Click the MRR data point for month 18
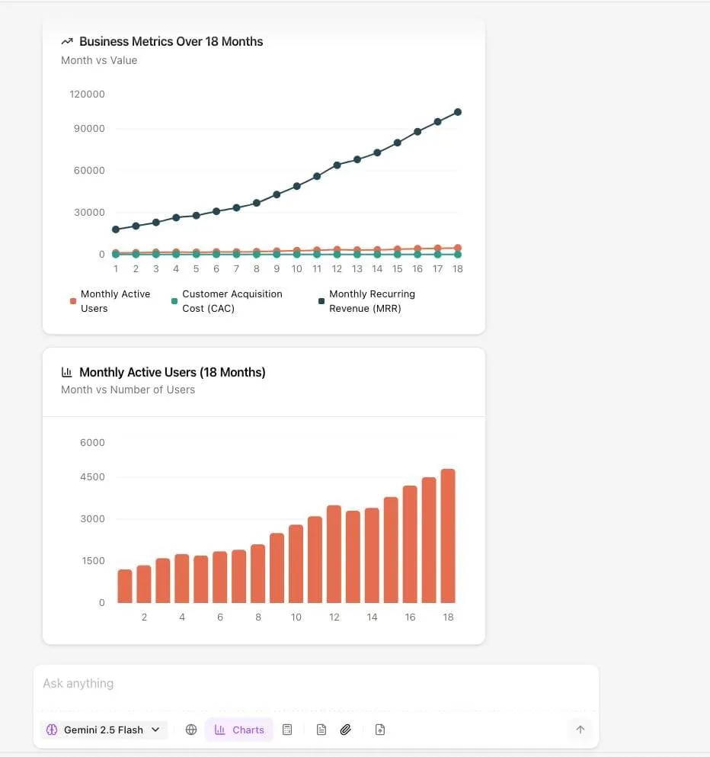[x=458, y=112]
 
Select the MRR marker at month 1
[x=116, y=229]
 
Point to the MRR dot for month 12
[x=337, y=165]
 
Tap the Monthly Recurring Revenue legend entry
[x=372, y=301]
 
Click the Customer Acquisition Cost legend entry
[x=232, y=301]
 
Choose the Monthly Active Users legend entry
[x=115, y=301]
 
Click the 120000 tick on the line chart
[x=88, y=95]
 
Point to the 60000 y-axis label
[x=89, y=171]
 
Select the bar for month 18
[x=448, y=536]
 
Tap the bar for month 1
[x=125, y=586]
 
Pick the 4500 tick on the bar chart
[x=92, y=477]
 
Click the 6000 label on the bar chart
[x=92, y=443]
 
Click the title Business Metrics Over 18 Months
[x=171, y=42]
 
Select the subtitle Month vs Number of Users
[x=128, y=390]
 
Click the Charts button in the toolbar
[x=239, y=730]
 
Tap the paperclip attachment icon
[x=345, y=730]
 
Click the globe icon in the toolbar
[x=191, y=730]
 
